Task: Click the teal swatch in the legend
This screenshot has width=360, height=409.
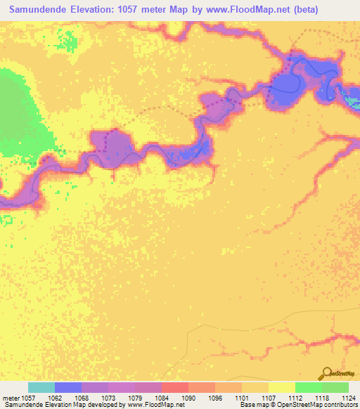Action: point(41,387)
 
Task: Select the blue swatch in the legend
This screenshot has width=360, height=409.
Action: point(68,387)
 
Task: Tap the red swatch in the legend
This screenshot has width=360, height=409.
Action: point(175,387)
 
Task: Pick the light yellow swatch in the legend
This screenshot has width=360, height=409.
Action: point(282,387)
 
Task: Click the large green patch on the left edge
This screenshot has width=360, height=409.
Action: point(18,112)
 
